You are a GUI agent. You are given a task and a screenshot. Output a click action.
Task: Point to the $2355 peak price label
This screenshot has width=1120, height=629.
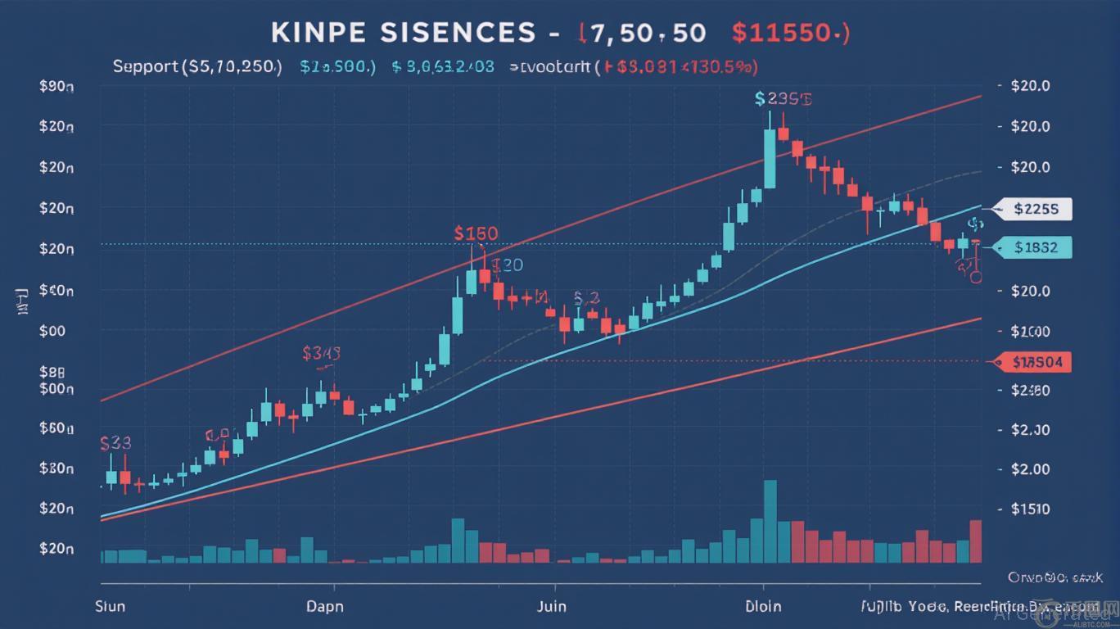pos(784,99)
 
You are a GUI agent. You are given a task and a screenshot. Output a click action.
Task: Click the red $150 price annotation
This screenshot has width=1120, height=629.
pos(475,233)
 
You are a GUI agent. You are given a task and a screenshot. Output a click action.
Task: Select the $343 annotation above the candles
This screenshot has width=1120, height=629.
pos(321,353)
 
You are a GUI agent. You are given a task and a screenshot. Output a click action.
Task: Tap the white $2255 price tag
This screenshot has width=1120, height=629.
pos(1036,209)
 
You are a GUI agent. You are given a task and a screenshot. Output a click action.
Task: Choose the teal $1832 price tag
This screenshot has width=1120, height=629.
pos(1036,247)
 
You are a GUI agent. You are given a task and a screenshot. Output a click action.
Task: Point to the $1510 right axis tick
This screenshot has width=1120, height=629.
pos(1030,509)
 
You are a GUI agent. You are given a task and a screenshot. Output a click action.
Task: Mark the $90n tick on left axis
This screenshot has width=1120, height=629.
pos(56,86)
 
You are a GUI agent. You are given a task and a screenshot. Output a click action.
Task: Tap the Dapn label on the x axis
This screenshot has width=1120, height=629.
pos(325,607)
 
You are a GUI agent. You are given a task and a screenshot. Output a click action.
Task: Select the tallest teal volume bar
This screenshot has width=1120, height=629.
pos(770,521)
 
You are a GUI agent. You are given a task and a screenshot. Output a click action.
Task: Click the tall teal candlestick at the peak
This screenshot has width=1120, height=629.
pos(770,157)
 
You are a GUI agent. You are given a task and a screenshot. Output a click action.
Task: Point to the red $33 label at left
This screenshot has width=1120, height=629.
pos(115,443)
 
